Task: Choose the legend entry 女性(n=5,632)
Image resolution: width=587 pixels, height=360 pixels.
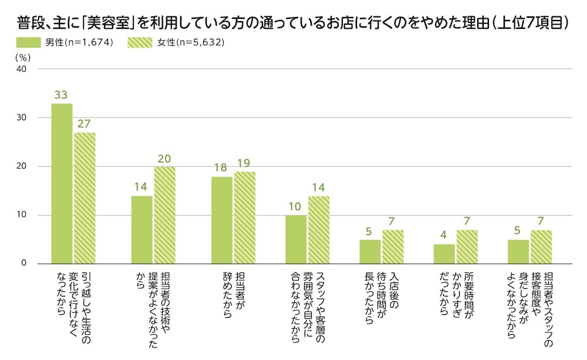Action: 176,43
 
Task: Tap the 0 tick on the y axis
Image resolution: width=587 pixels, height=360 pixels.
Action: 24,264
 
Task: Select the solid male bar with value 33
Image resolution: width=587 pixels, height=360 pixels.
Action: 62,183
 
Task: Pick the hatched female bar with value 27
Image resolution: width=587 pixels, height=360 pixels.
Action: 85,198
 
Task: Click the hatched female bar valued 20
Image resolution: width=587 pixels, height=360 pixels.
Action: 164,215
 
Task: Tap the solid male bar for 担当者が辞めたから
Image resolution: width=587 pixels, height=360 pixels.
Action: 222,220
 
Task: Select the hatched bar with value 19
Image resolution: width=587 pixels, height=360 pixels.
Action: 244,217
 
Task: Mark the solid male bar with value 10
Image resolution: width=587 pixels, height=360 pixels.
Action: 296,239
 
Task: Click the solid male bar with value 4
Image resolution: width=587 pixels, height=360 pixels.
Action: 444,254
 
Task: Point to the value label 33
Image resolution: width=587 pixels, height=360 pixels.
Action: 62,95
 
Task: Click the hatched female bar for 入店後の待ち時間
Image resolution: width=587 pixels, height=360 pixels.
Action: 393,247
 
